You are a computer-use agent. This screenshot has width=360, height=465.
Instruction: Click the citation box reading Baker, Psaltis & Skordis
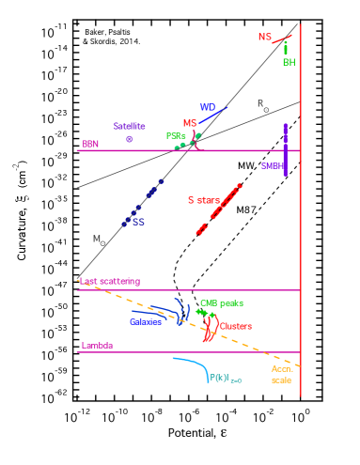(111, 38)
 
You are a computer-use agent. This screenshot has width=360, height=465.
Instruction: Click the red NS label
(265, 37)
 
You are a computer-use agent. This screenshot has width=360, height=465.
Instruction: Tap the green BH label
(289, 62)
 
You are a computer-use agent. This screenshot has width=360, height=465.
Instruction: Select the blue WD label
(207, 108)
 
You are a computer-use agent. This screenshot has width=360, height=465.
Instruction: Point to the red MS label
(190, 123)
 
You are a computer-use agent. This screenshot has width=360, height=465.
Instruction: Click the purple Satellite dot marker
(130, 139)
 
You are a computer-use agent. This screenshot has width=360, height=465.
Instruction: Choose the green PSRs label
(175, 135)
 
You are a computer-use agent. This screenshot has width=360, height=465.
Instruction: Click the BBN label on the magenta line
(90, 145)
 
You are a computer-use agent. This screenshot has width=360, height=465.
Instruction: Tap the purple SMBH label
(272, 165)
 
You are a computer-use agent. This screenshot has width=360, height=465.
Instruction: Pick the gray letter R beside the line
(260, 103)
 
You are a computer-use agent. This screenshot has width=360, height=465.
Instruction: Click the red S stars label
(203, 200)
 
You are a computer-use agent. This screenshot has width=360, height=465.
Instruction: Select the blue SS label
(138, 223)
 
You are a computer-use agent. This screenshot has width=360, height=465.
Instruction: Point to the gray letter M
(96, 239)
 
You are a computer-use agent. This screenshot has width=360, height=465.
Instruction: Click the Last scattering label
(109, 281)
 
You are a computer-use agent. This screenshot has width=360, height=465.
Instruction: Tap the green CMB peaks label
(222, 303)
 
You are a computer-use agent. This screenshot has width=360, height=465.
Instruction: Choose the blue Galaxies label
(146, 322)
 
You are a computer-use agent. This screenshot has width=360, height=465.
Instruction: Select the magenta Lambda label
(97, 346)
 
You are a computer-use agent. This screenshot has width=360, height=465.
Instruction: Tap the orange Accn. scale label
(282, 374)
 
